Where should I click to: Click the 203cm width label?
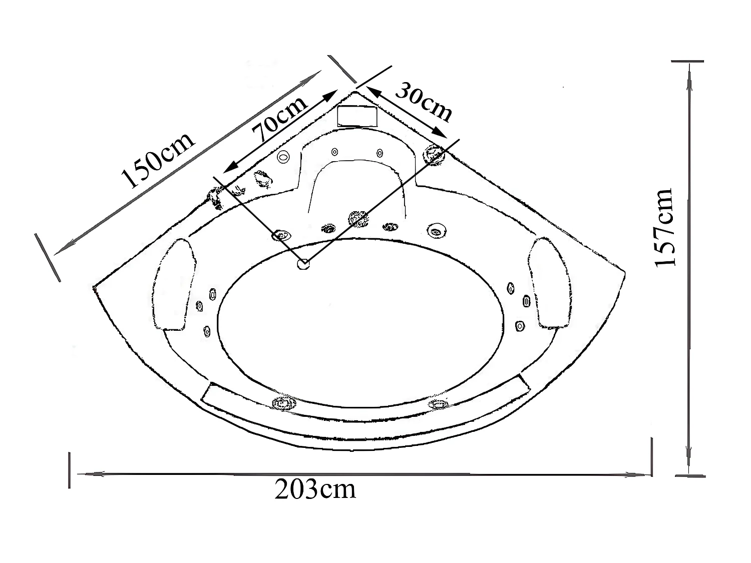315,489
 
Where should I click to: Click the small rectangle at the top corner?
357,116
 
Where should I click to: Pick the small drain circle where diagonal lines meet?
303,263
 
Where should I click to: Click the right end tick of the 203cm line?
652,456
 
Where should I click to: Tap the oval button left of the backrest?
284,157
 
